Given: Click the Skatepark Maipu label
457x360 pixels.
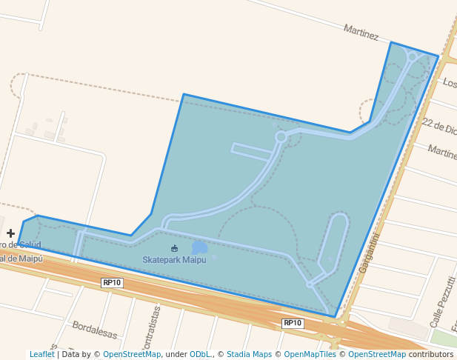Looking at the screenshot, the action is tap(174, 260).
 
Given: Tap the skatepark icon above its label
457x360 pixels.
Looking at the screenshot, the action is tap(174, 248).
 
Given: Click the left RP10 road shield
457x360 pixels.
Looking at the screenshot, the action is tap(112, 283).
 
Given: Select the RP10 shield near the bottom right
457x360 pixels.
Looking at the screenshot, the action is tap(293, 323).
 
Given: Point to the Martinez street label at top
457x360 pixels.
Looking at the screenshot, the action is tap(361, 32).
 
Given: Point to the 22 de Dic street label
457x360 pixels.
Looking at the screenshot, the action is tap(438, 125).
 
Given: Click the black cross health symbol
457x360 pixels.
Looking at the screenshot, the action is tap(10, 233).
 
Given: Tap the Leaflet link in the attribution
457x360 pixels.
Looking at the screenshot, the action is tap(41, 355).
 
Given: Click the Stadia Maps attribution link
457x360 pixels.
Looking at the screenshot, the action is tap(249, 355).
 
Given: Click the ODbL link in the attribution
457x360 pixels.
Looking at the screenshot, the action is tap(200, 355).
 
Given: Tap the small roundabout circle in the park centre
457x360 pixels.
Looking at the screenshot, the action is tap(281, 136).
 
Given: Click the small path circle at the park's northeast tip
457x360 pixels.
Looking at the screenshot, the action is tap(413, 56).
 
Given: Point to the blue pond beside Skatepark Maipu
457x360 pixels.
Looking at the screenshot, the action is tap(200, 247).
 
